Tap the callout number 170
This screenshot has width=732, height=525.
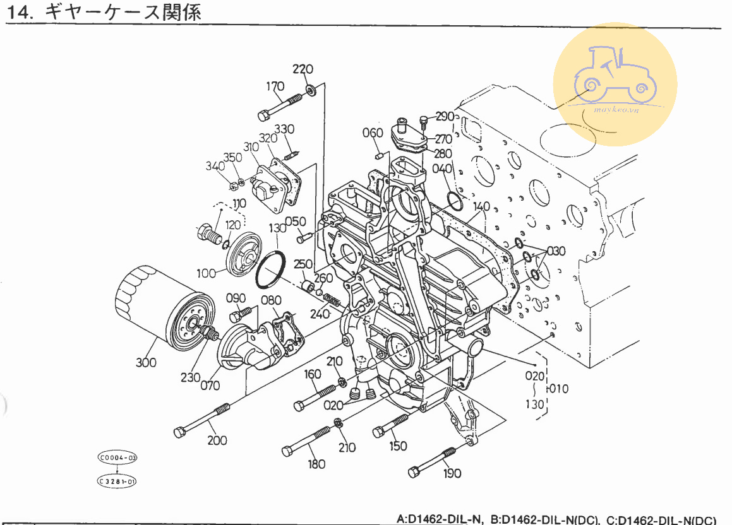pos(275,86)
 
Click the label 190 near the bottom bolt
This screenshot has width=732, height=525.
pos(452,473)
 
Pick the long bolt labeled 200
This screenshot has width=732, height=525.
pos(202,420)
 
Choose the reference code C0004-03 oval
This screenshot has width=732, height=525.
pos(117,456)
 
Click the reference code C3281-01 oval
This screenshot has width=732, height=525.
pos(117,481)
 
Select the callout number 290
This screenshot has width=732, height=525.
pos(445,117)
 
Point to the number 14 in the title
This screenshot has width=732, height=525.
pos(20,13)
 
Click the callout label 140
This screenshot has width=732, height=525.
pos(481,206)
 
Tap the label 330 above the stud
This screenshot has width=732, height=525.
pos(285,129)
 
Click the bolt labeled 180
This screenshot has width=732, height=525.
pos(309,440)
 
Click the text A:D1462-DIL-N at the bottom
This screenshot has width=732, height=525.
pos(440,519)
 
